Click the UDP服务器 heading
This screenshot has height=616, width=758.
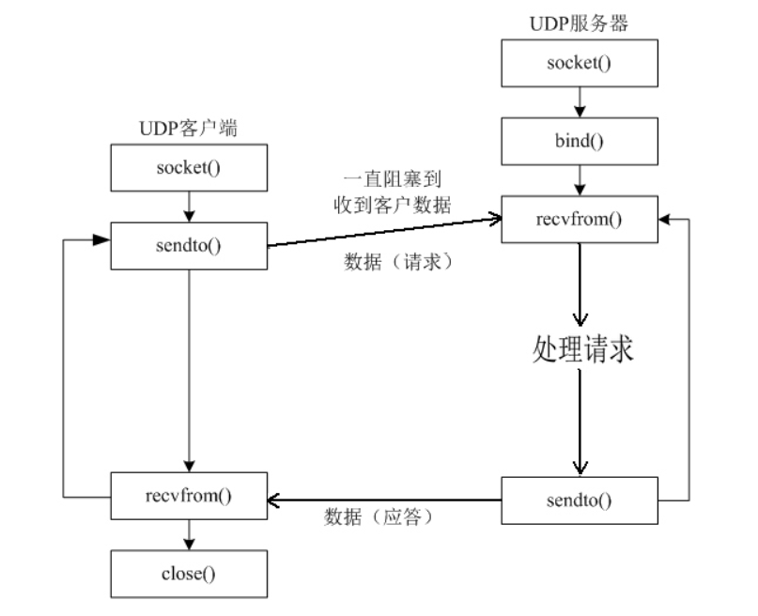[579, 23]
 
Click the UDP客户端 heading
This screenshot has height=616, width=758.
[188, 130]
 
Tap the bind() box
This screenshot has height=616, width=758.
[579, 142]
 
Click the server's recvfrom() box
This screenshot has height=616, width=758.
[579, 220]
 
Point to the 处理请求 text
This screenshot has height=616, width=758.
[582, 348]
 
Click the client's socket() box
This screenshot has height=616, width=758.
[189, 171]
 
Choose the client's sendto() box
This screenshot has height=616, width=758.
[189, 246]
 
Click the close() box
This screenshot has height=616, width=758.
[189, 574]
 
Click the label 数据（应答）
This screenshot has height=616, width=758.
[379, 517]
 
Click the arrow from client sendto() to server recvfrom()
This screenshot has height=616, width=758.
[385, 233]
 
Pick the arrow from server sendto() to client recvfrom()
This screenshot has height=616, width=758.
[385, 499]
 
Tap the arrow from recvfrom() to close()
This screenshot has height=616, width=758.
[189, 536]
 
